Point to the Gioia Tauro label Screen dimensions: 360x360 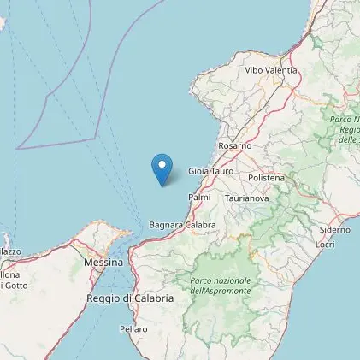coord(210,171)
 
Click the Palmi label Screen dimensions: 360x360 coord(199,197)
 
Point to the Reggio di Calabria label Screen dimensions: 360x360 coord(130,298)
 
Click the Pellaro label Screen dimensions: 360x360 coord(134,328)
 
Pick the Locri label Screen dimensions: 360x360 coord(325,245)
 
